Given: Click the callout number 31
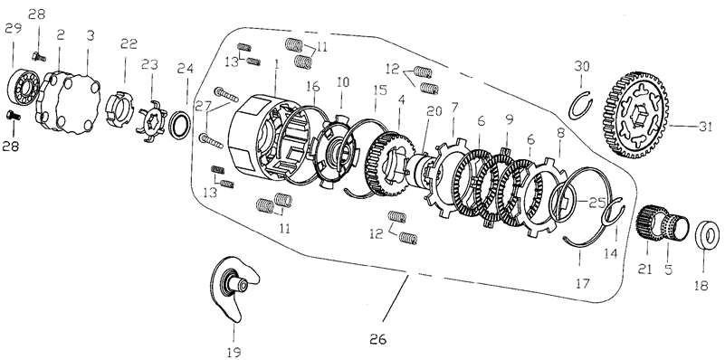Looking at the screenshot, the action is [705, 127].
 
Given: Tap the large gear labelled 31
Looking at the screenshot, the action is [635, 116].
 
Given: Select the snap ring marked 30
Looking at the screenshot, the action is [581, 105].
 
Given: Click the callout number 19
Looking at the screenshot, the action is [234, 352].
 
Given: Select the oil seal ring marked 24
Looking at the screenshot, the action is [180, 125].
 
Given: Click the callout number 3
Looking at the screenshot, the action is [91, 35].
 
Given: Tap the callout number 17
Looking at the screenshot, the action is [583, 283].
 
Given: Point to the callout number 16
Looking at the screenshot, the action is [313, 87].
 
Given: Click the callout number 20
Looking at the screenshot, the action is [434, 111].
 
